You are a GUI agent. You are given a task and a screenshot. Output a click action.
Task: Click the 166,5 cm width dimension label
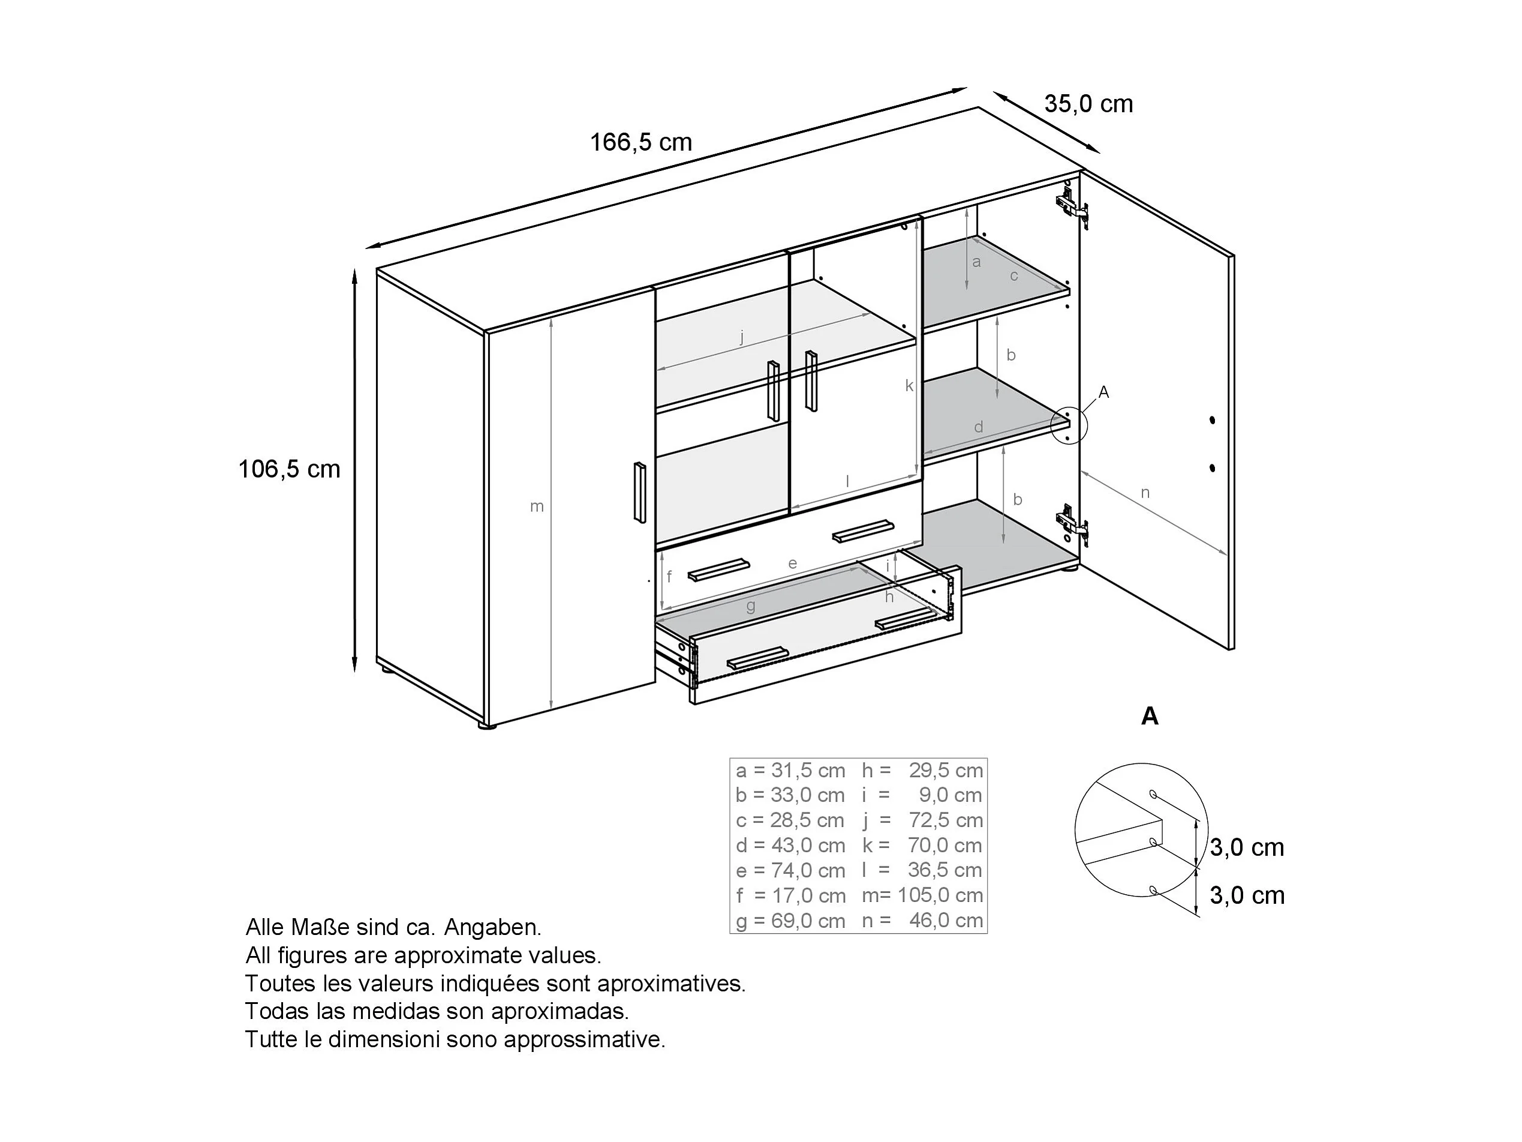(x=640, y=142)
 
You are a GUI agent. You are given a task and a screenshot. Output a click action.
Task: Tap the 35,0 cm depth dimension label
(x=1088, y=104)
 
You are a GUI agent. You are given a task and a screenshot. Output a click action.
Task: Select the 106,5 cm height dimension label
(x=289, y=469)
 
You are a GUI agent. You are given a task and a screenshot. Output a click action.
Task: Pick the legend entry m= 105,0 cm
(x=922, y=895)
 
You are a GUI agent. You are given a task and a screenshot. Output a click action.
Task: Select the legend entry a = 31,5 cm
(x=790, y=771)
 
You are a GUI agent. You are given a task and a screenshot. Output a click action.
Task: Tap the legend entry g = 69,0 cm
(x=790, y=921)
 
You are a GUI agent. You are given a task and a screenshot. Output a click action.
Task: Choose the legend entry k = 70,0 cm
(x=922, y=846)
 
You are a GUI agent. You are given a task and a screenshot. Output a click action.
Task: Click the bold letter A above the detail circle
(x=1150, y=717)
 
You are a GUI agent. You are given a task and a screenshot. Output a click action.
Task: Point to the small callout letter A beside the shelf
(x=1103, y=392)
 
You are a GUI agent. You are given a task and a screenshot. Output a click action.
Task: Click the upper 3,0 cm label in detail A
(x=1247, y=847)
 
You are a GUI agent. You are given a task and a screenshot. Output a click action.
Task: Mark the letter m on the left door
(x=537, y=506)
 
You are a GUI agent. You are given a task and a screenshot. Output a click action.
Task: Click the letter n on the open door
(x=1145, y=493)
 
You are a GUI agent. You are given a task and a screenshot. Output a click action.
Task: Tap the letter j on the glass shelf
(x=742, y=338)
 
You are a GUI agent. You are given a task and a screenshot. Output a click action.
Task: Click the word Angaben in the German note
(x=493, y=928)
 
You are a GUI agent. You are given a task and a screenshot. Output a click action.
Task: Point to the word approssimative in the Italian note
(x=585, y=1039)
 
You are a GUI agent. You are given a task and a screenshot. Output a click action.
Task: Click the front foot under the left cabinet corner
(x=486, y=726)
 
